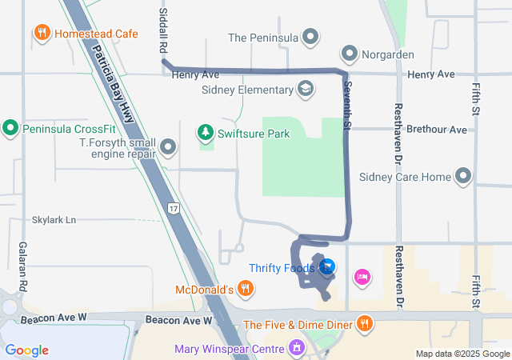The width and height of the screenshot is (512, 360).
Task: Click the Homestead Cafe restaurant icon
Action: pos(41,33)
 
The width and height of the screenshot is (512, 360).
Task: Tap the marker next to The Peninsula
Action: pos(311,37)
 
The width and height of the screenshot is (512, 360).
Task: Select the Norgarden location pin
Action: pos(350,54)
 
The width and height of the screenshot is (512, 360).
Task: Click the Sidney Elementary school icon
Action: pos(305,88)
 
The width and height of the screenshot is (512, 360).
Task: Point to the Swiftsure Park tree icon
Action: pos(206,132)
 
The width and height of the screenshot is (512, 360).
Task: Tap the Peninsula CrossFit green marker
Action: pos(10,127)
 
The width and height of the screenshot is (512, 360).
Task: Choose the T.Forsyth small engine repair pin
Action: pos(168,147)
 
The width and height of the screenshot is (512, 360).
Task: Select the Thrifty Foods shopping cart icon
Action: pos(326,267)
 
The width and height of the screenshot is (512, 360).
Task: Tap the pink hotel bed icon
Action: pos(362,276)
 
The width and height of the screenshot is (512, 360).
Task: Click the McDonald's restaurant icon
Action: pos(245,289)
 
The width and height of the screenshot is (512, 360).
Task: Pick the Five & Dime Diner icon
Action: pos(365,323)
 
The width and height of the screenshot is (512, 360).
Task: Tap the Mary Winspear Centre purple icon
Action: pos(297,348)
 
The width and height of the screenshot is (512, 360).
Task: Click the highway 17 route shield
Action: pos(174,208)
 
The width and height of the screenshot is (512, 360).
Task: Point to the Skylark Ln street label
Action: pos(54,219)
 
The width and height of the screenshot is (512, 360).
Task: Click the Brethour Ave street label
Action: pos(436,129)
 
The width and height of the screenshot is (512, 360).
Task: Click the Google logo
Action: pos(26,350)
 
